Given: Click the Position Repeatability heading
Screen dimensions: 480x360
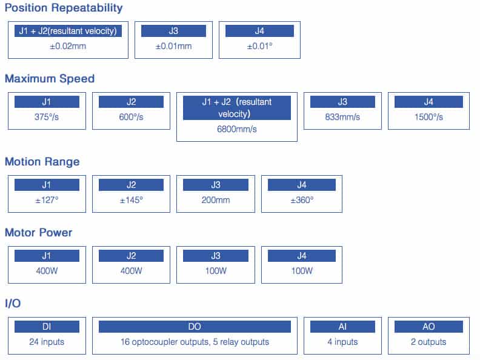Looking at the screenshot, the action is pos(64,8).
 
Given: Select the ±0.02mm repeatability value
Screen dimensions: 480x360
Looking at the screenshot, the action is pos(68,46).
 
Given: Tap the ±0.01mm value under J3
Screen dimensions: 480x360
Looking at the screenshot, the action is pos(173,46).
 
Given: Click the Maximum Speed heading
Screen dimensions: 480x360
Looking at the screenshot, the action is pos(50,79).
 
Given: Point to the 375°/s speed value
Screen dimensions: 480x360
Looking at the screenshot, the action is pos(47,117).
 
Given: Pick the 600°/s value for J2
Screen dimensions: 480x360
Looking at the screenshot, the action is pos(131,117).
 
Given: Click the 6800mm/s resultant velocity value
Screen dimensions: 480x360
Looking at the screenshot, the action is pos(236,129).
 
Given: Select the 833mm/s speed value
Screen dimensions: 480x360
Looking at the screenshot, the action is pos(342,117).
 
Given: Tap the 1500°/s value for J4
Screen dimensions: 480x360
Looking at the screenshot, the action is pos(428,117).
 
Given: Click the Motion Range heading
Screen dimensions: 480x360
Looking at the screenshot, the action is pos(42,162).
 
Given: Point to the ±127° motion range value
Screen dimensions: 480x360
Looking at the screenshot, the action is pos(47,200).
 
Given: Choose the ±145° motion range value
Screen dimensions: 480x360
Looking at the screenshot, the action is pos(131,200).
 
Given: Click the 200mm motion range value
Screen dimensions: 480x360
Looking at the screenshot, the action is pos(216,200).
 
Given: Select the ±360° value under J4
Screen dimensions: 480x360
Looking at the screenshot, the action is pos(302,200).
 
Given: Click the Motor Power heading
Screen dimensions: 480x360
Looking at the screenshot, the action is pos(39,233).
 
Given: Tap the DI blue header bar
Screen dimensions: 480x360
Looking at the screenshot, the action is pos(47,326).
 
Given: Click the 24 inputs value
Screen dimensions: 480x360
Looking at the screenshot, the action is pos(47,342).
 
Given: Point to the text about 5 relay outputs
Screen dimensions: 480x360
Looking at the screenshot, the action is pos(241,342).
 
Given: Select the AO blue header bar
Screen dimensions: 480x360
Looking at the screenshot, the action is pos(428,326).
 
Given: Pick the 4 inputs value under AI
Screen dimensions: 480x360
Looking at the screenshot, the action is pos(342,342).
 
